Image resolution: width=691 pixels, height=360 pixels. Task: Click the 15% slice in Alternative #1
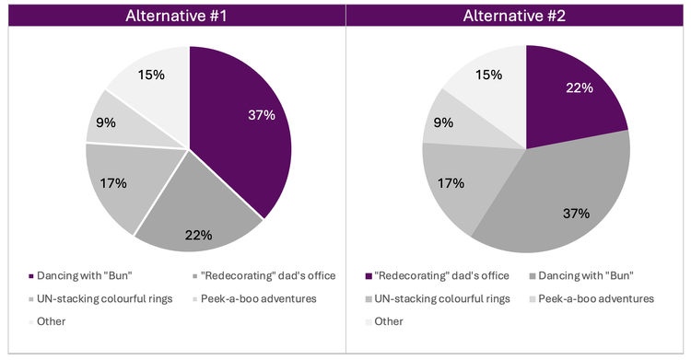click(x=152, y=78)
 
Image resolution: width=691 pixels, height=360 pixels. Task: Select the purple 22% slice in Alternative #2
click(x=571, y=92)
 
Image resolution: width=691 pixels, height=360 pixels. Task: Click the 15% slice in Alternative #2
click(x=488, y=78)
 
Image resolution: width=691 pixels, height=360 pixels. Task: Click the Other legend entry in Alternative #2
click(x=388, y=321)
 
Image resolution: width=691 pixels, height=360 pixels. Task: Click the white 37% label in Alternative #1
click(x=260, y=114)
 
